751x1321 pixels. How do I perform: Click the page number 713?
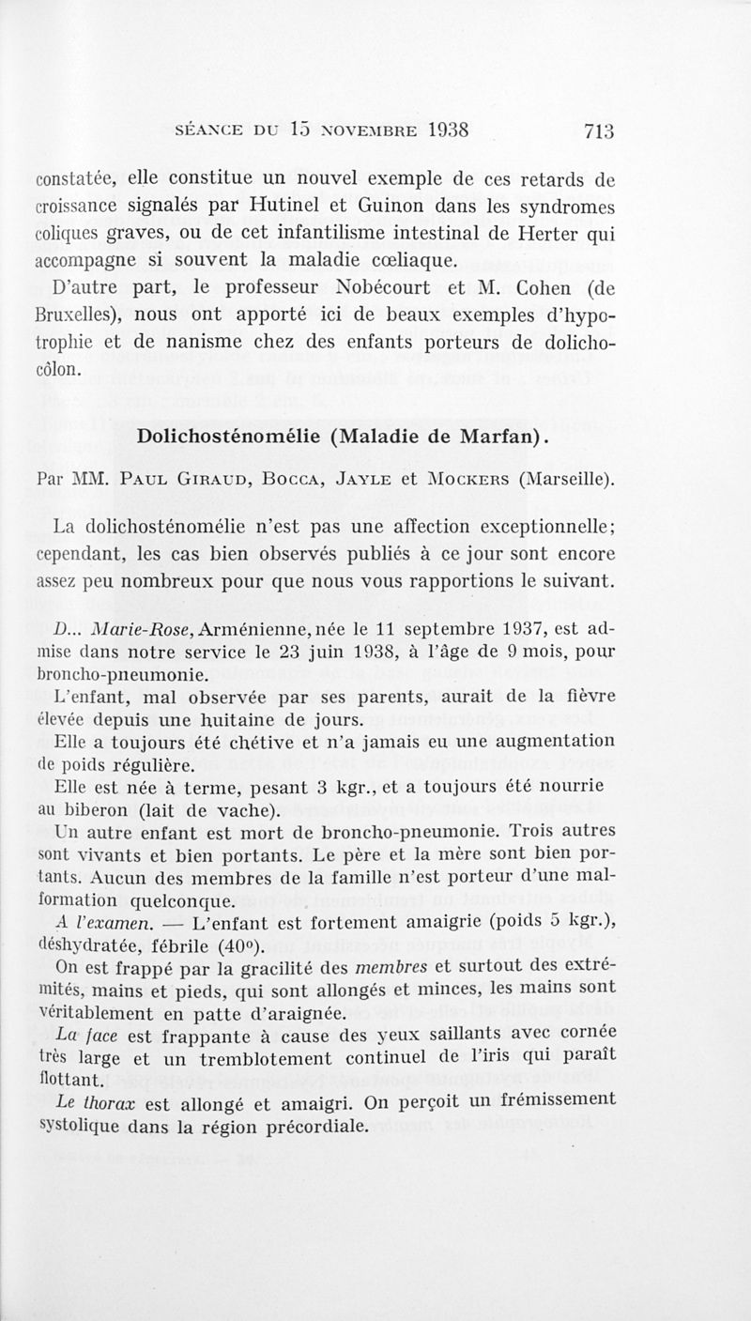[597, 131]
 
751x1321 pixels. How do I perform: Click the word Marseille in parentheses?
[566, 481]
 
